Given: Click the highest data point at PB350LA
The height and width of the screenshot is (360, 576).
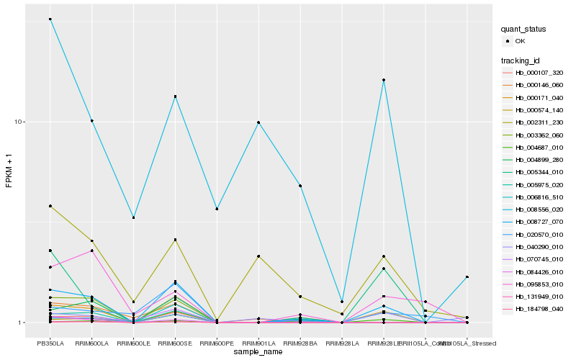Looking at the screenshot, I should pyautogui.click(x=50, y=19).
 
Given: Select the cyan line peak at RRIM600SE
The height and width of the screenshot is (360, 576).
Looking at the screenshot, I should pyautogui.click(x=175, y=96).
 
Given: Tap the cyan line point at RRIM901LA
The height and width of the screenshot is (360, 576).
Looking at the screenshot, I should pyautogui.click(x=258, y=122).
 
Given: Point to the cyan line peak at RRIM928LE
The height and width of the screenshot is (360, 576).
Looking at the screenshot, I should pyautogui.click(x=384, y=80).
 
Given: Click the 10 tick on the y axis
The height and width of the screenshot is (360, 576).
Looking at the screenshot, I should pyautogui.click(x=20, y=122).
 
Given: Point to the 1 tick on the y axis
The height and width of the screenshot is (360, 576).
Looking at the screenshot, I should pyautogui.click(x=22, y=323).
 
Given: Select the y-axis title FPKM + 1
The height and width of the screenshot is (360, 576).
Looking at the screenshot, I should pyautogui.click(x=9, y=171).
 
